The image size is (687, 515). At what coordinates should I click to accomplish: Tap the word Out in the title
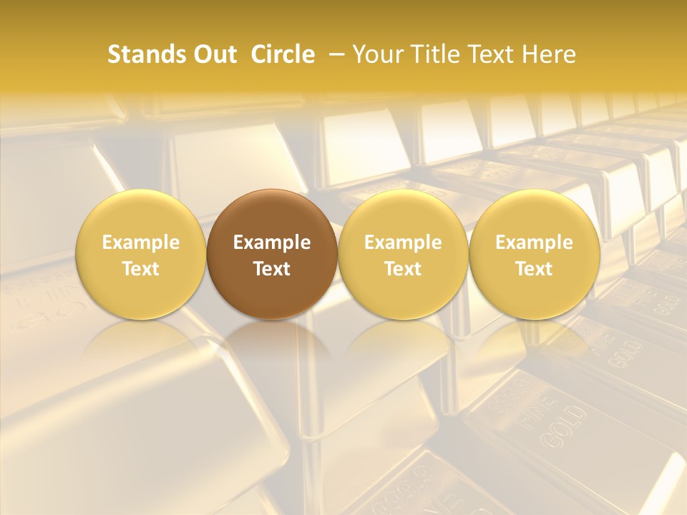tap(214, 54)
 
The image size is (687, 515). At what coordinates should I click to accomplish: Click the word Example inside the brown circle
tap(272, 242)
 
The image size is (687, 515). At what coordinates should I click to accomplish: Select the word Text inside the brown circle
tap(272, 269)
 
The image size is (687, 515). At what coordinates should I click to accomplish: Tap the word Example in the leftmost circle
tap(141, 242)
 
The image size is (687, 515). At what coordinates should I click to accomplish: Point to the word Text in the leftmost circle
tap(141, 269)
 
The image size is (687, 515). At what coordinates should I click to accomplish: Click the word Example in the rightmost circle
tap(534, 242)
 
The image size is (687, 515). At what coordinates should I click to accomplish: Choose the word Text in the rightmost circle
tap(534, 269)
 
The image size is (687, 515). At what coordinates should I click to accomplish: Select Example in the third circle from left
tap(403, 242)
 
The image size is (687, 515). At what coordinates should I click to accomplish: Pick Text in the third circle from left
tap(403, 269)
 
